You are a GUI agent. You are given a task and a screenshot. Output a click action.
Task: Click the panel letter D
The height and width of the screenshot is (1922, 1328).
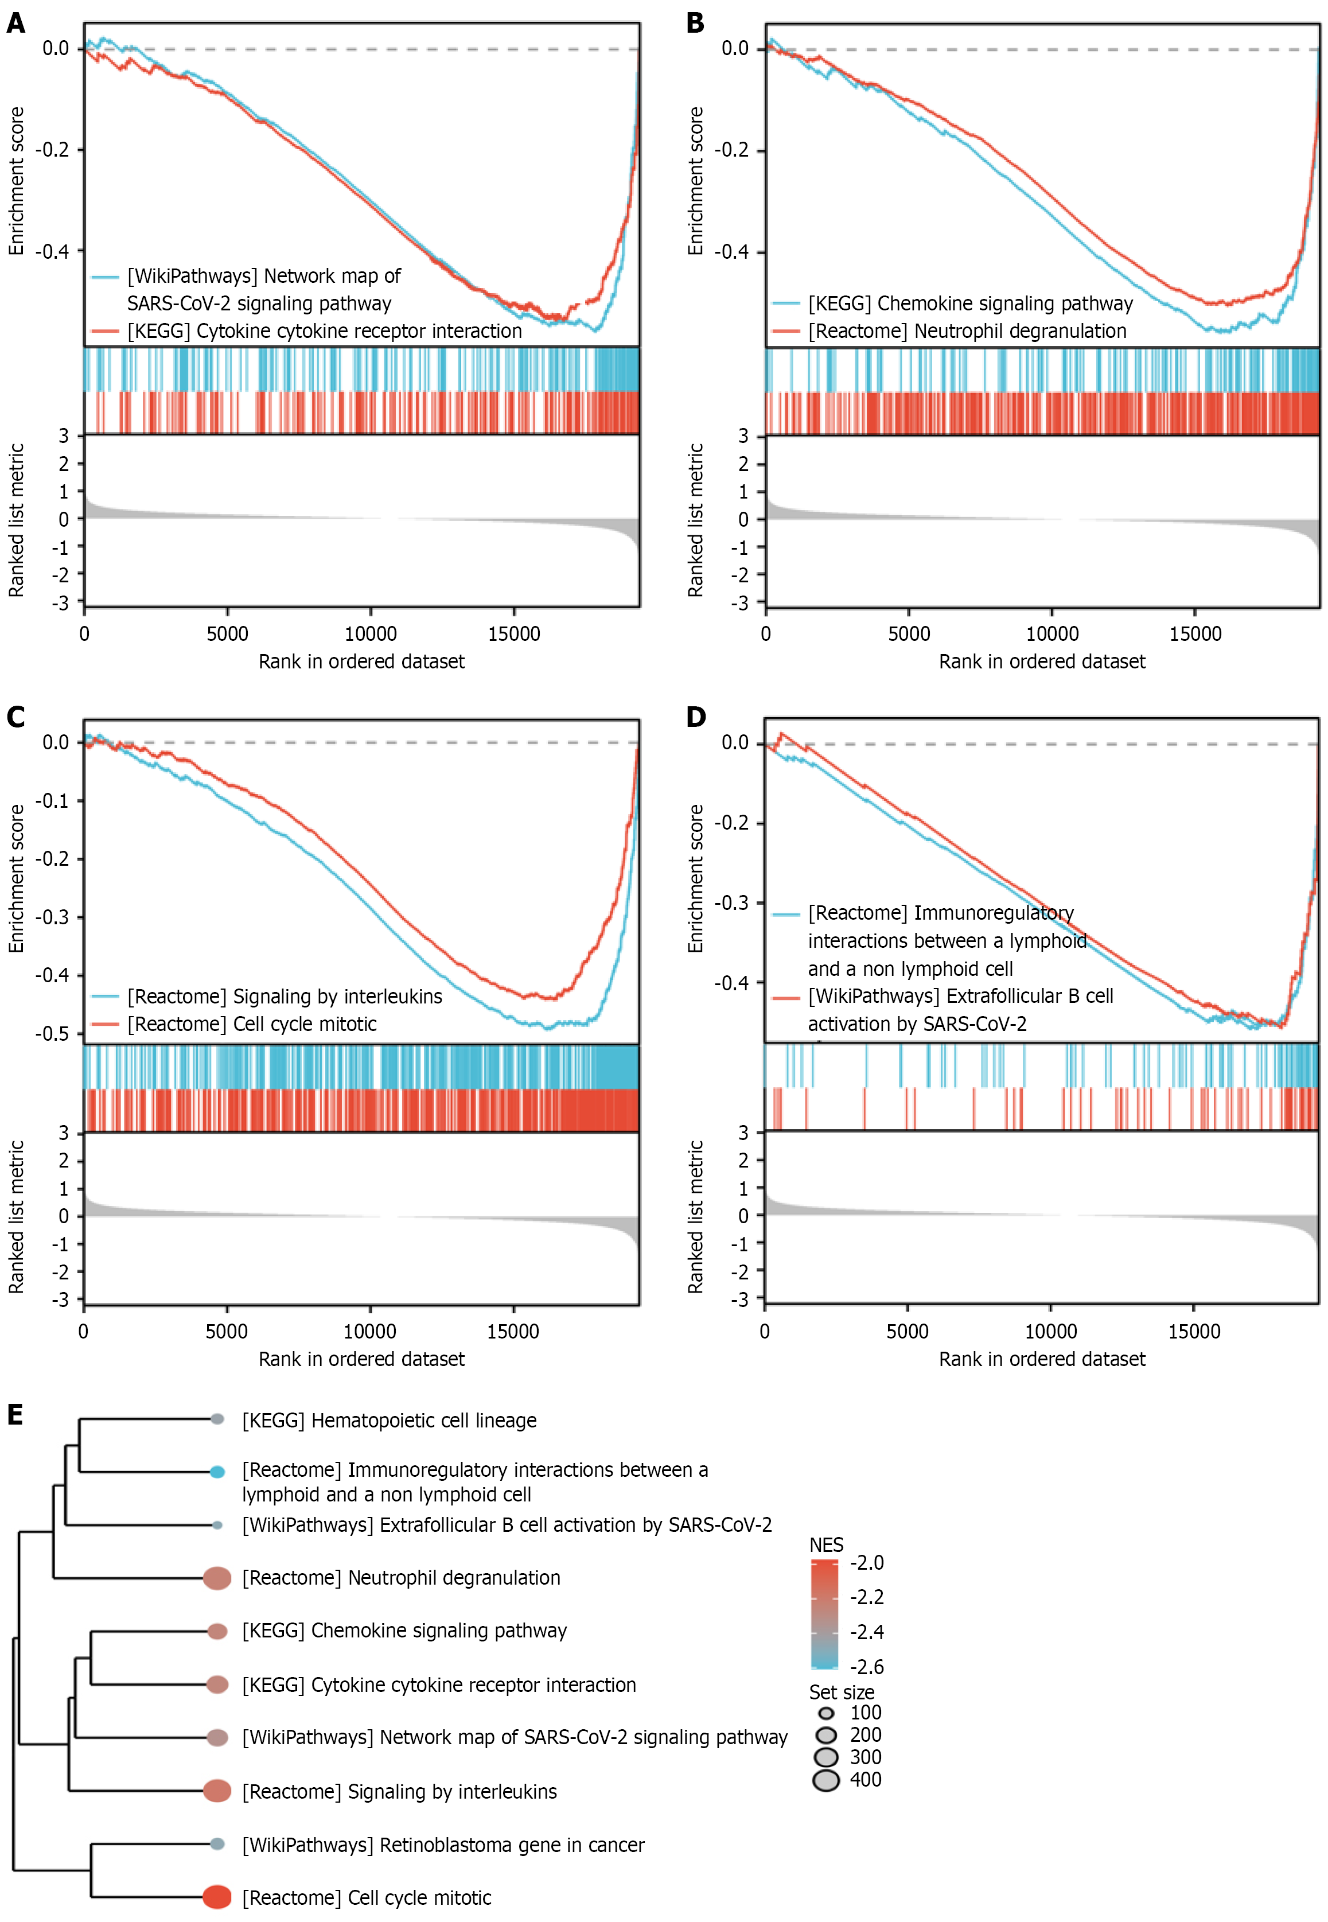coord(696,717)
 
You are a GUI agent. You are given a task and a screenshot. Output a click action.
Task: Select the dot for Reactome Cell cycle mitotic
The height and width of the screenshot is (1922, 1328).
coord(217,1896)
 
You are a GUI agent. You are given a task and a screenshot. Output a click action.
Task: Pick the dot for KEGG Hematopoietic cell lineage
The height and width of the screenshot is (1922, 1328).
coord(217,1419)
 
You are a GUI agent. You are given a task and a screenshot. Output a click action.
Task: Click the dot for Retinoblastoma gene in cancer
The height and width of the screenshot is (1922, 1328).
coord(217,1844)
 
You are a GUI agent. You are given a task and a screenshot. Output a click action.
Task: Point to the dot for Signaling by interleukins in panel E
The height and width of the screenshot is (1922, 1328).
coord(217,1791)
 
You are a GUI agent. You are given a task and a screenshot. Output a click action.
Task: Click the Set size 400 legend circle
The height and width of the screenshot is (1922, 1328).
coord(826,1780)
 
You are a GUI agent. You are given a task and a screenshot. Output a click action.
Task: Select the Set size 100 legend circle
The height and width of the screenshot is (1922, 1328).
coord(826,1713)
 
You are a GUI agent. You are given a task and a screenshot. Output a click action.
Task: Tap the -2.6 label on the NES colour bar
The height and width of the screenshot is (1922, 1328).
coord(866,1667)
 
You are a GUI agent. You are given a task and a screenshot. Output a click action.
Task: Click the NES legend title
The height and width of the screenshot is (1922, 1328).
coord(826,1544)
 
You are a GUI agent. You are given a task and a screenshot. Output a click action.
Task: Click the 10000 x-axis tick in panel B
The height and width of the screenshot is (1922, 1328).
coord(1052,634)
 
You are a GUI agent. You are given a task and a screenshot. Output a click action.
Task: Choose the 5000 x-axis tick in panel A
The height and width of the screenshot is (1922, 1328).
coord(227,634)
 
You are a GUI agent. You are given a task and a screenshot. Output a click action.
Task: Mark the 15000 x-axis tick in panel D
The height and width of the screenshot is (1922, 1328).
coord(1194,1331)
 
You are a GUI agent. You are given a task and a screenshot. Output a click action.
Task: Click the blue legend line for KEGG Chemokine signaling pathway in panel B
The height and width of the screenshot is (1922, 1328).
coord(786,304)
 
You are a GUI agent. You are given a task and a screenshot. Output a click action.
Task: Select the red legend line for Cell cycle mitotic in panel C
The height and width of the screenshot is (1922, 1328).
coord(106,1024)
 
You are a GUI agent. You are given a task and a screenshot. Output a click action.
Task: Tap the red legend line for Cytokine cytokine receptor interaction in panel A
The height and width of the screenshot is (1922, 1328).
coord(106,331)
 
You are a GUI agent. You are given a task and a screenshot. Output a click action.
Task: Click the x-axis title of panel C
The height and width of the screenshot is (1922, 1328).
coord(361,1359)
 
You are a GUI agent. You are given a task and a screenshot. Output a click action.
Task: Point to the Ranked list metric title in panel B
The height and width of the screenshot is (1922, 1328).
coord(696,520)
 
